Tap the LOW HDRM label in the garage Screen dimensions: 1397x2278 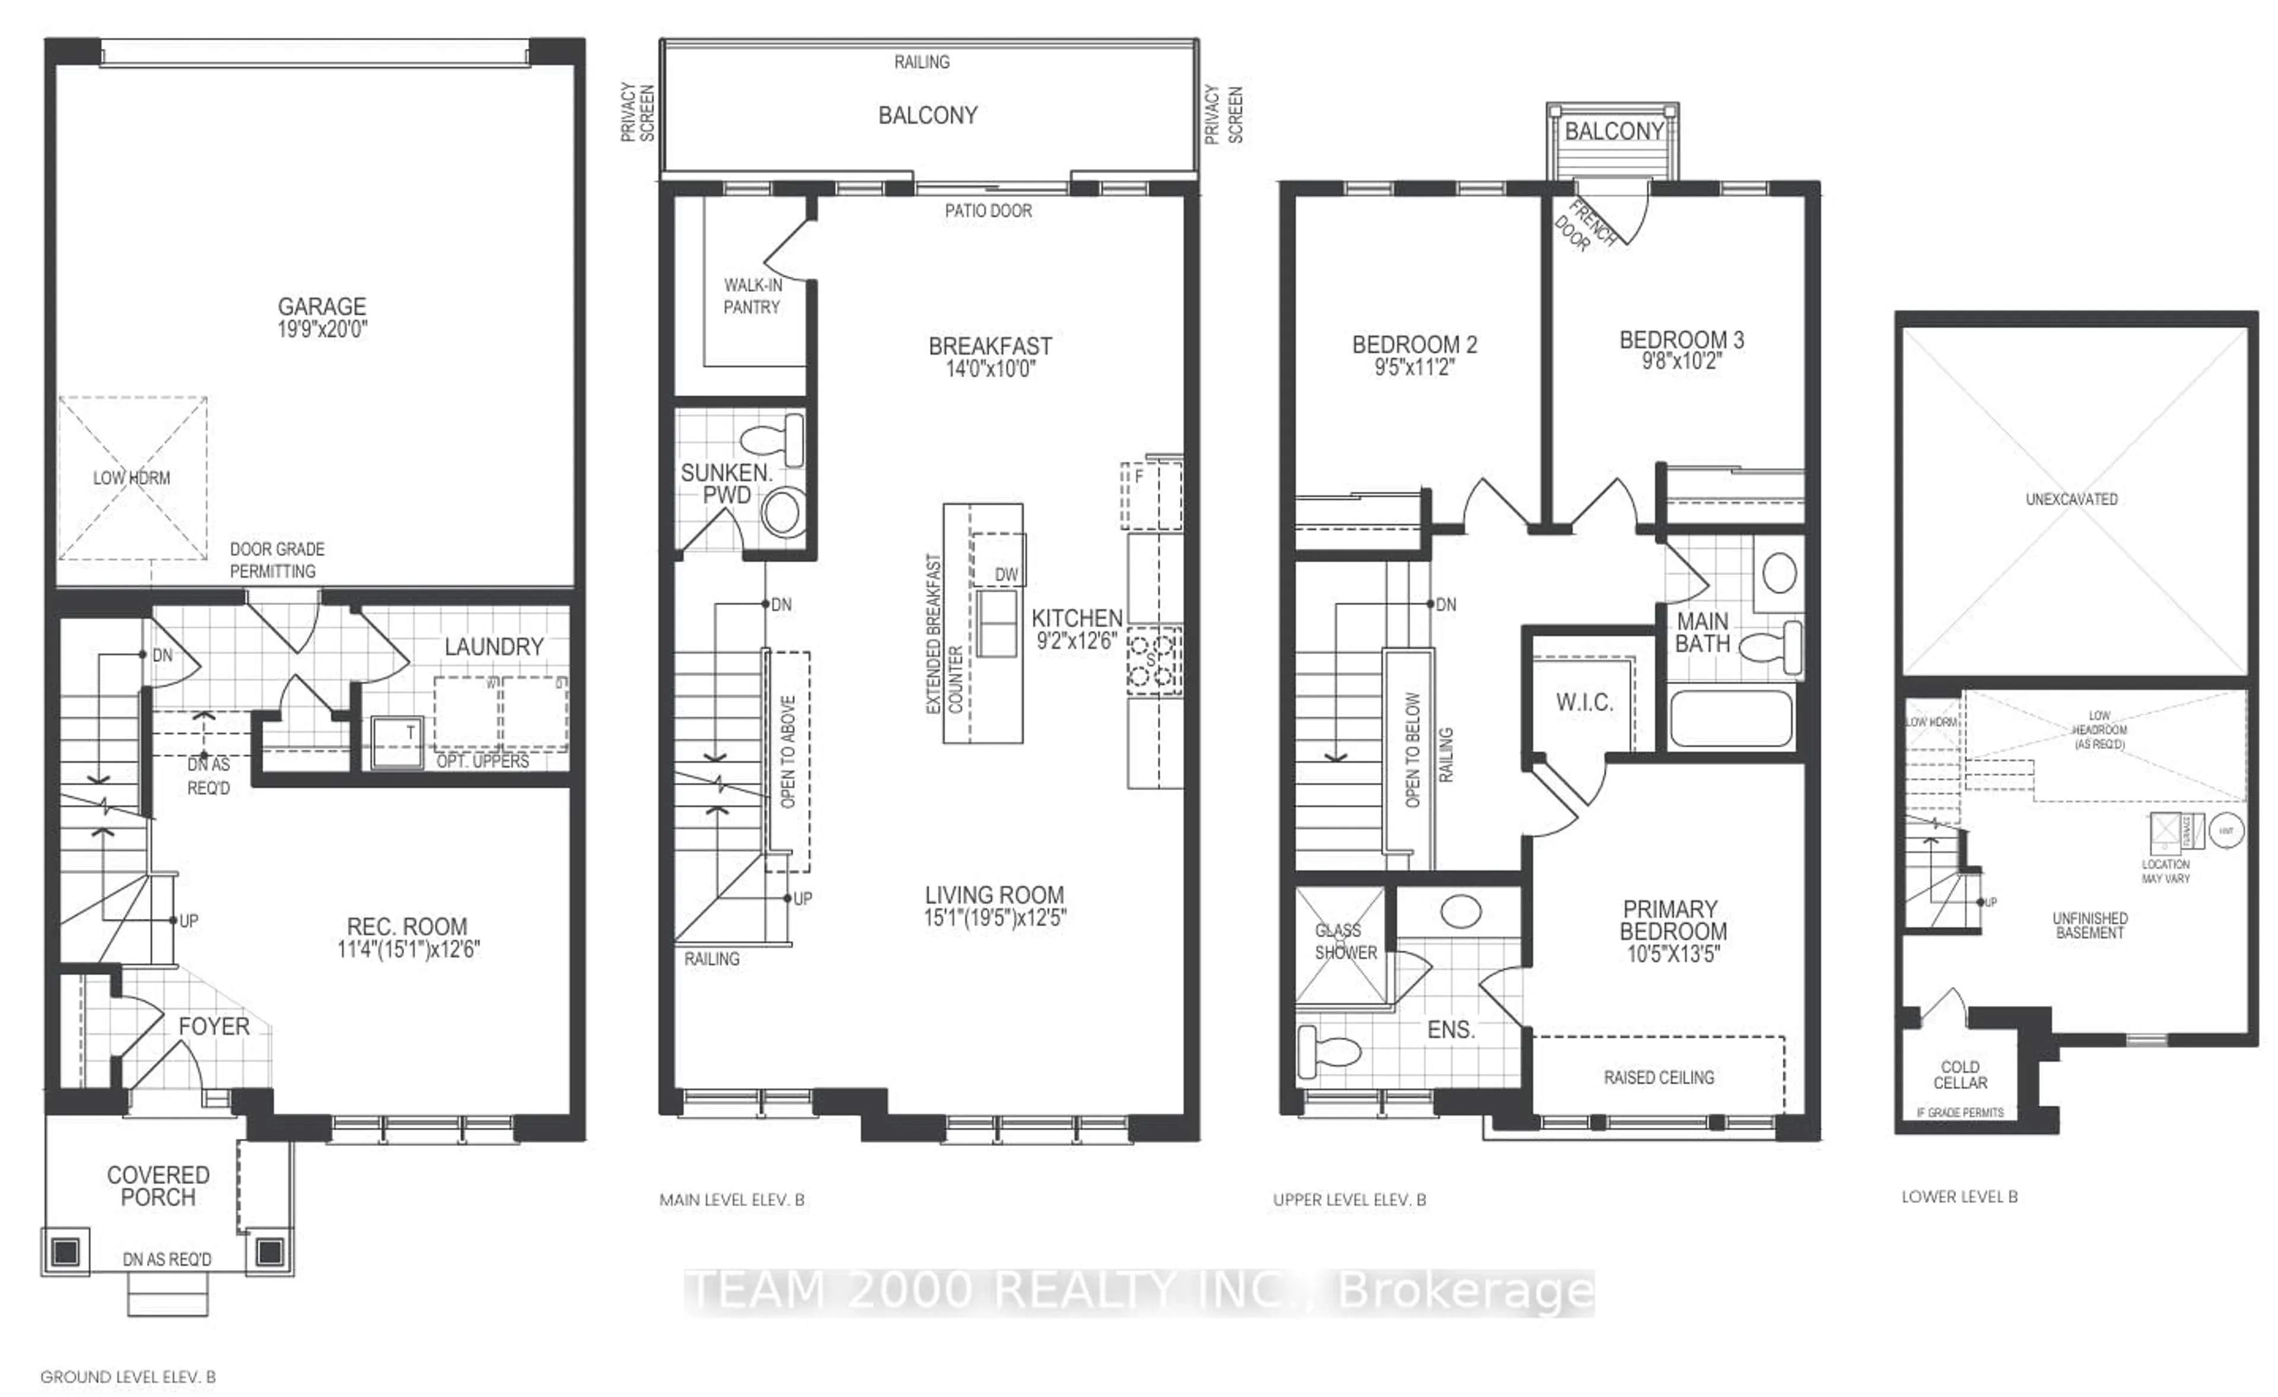[131, 478]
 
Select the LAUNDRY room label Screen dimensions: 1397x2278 [494, 646]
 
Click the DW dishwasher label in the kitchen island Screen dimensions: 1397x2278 [1006, 575]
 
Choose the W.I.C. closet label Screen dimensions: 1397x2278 [1584, 703]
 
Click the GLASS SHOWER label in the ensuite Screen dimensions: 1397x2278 [1345, 941]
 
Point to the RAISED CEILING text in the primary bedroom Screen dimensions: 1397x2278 [1659, 1077]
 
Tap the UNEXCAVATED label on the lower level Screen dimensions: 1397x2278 [2071, 499]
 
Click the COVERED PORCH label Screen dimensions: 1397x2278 [158, 1186]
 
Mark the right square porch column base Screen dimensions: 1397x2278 [269, 1253]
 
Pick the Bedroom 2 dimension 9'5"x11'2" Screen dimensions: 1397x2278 [1414, 368]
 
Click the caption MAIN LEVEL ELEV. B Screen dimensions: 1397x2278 [731, 1200]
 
